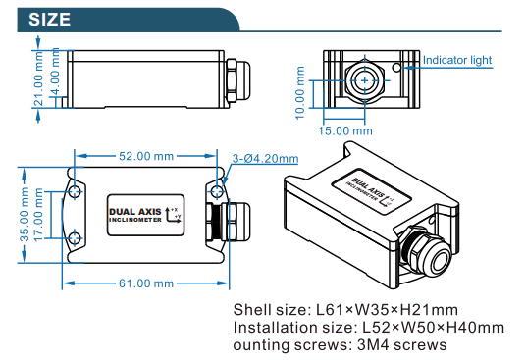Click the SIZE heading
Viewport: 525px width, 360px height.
(x=49, y=19)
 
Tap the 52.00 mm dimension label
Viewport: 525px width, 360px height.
(x=146, y=156)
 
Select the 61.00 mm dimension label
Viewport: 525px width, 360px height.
(x=146, y=283)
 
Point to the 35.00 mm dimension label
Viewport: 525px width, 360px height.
(x=25, y=215)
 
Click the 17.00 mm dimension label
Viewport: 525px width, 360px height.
(x=38, y=215)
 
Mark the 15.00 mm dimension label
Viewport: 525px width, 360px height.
(x=345, y=130)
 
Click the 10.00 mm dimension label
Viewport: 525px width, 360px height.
(x=300, y=92)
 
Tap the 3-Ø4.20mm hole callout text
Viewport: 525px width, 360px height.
(x=265, y=158)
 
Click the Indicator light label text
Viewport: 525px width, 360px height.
(x=457, y=60)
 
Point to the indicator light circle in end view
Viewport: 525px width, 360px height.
(x=397, y=68)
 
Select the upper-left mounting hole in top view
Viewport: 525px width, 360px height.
(x=75, y=191)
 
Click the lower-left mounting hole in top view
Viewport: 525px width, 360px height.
(x=75, y=238)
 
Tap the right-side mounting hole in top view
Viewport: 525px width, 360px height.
(x=217, y=191)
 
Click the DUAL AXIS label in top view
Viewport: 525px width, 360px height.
(x=135, y=212)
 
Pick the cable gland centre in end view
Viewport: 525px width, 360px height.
(x=365, y=80)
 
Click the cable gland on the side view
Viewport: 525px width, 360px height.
(x=238, y=80)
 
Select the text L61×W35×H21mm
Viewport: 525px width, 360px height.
(x=387, y=310)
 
